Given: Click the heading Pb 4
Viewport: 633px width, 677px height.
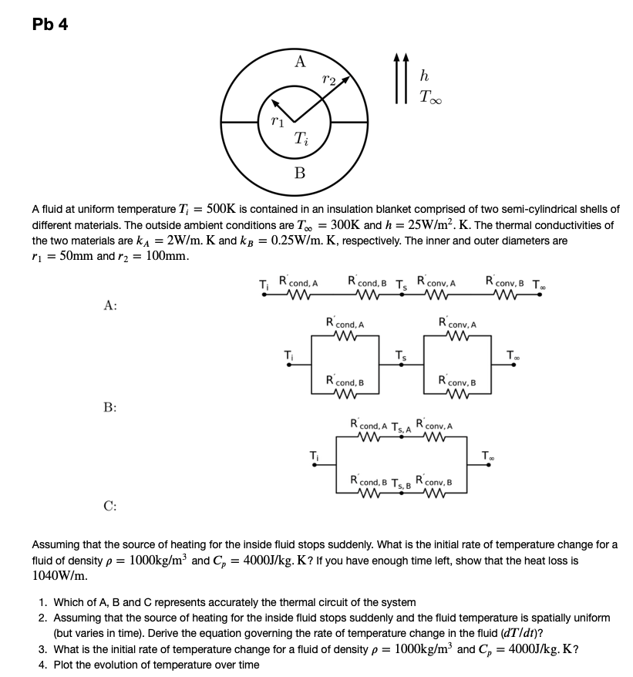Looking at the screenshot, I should coord(50,25).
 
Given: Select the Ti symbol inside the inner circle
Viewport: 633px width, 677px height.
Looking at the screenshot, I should coord(301,138).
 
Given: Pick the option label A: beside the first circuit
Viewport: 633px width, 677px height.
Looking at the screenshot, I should coord(110,305).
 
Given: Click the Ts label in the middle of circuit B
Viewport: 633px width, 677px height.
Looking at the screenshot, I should coord(399,356).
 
